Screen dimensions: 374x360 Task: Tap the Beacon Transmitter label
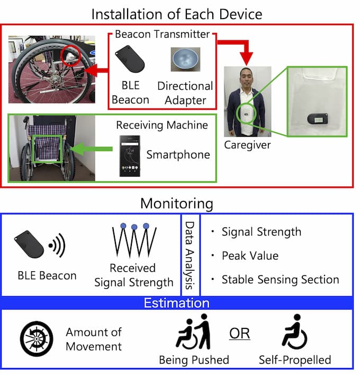162,35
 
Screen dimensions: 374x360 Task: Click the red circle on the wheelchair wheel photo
71,57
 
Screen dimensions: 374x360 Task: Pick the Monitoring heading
177,203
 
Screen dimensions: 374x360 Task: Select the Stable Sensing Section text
280,279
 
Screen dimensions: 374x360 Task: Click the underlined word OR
239,334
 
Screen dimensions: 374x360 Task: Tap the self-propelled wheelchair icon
294,332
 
